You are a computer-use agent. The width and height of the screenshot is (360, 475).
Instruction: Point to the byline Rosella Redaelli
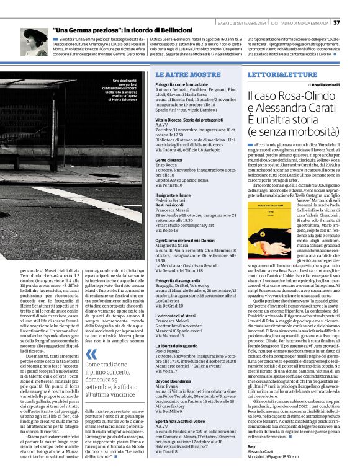coord(322,84)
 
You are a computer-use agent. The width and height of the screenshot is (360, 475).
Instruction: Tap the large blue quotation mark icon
coord(91,355)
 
